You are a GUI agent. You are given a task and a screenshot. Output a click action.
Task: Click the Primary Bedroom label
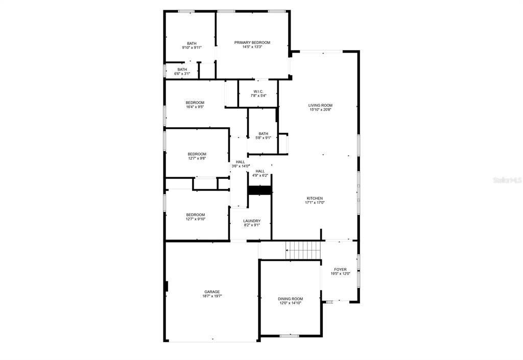(x=252, y=43)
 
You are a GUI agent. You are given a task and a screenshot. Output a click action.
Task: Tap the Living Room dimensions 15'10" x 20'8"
(x=320, y=110)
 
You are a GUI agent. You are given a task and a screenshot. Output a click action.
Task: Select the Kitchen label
(x=315, y=198)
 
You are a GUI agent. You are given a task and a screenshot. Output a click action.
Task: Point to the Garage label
(x=212, y=292)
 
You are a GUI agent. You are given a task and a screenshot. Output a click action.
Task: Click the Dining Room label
(x=291, y=299)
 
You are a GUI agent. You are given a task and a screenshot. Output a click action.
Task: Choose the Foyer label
(x=340, y=269)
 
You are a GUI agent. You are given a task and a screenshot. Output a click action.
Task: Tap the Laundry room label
(x=252, y=221)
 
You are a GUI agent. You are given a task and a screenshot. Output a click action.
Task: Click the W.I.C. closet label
(x=258, y=92)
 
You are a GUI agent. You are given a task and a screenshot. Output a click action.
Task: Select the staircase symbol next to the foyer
(x=303, y=250)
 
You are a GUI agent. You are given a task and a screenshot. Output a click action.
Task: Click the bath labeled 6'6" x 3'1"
(x=182, y=71)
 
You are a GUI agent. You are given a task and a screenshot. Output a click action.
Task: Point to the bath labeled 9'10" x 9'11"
(x=192, y=45)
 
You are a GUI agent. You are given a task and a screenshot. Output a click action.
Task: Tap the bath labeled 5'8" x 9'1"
(x=263, y=136)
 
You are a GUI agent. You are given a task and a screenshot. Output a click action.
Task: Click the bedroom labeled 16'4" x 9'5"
(x=195, y=105)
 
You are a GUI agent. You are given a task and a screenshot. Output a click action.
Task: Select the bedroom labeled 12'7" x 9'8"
(x=197, y=156)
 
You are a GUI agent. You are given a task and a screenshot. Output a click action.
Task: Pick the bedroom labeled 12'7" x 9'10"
(x=196, y=217)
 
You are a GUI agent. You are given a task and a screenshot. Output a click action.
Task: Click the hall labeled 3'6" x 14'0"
(x=241, y=164)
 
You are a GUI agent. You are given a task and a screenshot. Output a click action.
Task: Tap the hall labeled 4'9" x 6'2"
(x=260, y=173)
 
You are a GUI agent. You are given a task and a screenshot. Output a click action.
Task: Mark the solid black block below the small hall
(x=260, y=190)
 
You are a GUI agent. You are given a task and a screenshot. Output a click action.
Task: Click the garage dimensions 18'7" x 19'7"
(x=212, y=296)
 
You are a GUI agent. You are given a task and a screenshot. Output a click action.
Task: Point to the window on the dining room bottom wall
(x=289, y=335)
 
